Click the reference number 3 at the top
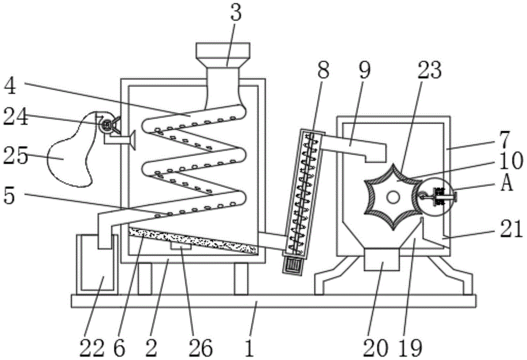236,14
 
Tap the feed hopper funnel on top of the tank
222,51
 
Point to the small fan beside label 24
107,124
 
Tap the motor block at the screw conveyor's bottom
291,262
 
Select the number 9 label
365,70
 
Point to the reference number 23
430,70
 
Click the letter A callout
508,184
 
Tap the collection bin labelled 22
95,264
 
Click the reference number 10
510,160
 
